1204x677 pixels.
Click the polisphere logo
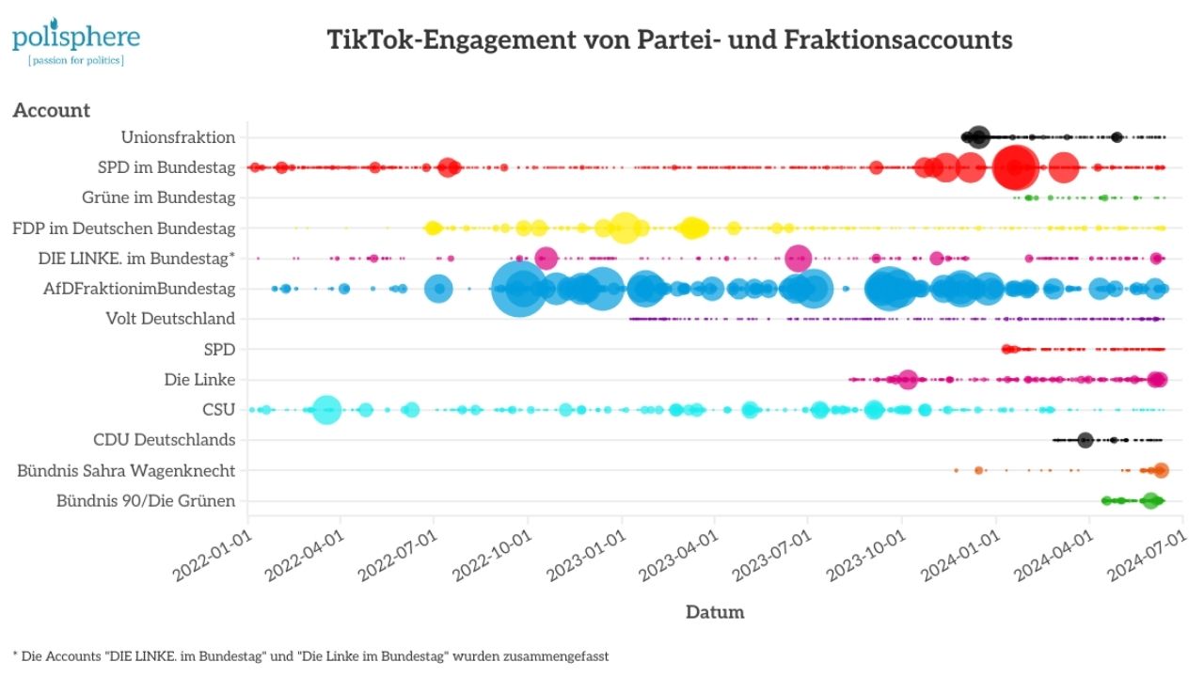(75, 41)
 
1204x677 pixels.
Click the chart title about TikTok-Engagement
(669, 40)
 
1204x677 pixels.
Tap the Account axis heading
(52, 110)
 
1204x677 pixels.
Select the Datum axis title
(715, 612)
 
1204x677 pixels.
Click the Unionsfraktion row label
(178, 137)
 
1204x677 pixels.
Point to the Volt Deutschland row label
(170, 319)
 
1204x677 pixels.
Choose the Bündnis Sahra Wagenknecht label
(126, 470)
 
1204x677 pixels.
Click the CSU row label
(218, 410)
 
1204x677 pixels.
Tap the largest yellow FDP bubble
(625, 228)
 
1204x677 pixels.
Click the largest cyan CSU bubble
(325, 410)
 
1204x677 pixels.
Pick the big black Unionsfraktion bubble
(978, 137)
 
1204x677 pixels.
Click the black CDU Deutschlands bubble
(1085, 440)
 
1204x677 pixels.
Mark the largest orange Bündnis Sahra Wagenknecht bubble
(1161, 470)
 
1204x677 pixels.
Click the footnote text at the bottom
(310, 656)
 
